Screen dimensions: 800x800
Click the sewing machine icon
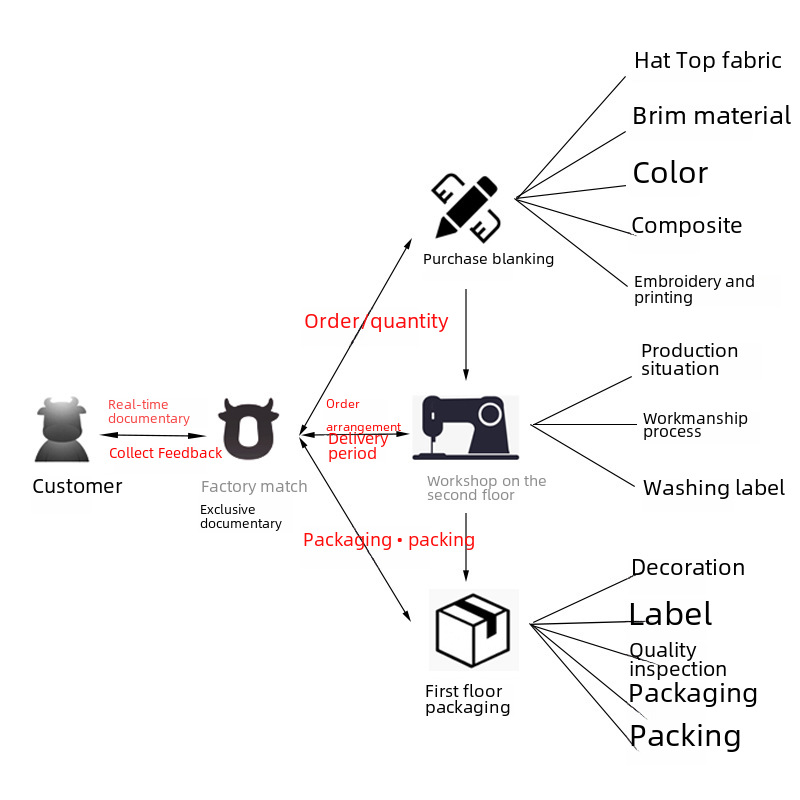click(x=465, y=427)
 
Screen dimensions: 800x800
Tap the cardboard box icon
click(x=473, y=630)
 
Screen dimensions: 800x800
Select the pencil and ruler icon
click(x=465, y=207)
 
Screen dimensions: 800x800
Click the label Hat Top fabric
click(x=707, y=61)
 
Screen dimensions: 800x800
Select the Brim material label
click(x=711, y=116)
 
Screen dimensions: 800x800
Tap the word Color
click(x=670, y=173)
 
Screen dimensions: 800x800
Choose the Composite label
click(x=686, y=226)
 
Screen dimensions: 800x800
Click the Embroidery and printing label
click(x=693, y=289)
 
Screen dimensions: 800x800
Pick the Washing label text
click(x=713, y=488)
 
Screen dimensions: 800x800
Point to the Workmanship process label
click(x=694, y=425)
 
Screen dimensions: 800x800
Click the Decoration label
click(x=687, y=568)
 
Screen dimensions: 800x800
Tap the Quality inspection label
click(x=677, y=660)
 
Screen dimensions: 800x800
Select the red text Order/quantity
click(x=376, y=321)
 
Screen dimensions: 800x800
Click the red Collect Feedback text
click(x=165, y=453)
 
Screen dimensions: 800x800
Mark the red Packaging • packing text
click(x=388, y=540)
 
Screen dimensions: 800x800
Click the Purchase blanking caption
click(x=488, y=259)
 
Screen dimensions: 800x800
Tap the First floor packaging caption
click(x=467, y=699)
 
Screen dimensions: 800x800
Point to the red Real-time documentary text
click(x=148, y=412)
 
